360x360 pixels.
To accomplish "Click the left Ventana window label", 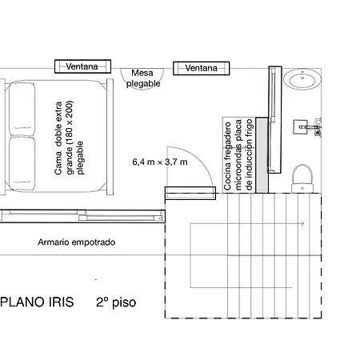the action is [82, 66].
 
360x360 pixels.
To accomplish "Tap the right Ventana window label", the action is [201, 68].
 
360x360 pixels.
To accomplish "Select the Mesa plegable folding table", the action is [142, 78].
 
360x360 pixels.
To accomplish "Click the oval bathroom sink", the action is [302, 78].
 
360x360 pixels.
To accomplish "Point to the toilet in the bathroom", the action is [302, 179].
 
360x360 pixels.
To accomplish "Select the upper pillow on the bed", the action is [22, 109].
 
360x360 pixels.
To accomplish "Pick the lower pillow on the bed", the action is [22, 163].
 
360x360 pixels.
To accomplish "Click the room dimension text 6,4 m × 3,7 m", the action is [160, 162].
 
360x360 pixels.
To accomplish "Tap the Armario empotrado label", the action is [77, 242].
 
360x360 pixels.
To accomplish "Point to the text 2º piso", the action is [116, 302].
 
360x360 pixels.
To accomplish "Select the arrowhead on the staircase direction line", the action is [302, 224].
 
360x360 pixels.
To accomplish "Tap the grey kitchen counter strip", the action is [262, 155].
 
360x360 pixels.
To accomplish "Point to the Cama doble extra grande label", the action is [69, 138].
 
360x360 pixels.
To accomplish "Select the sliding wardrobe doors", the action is [82, 216].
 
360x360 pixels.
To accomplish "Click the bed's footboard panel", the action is [110, 137].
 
